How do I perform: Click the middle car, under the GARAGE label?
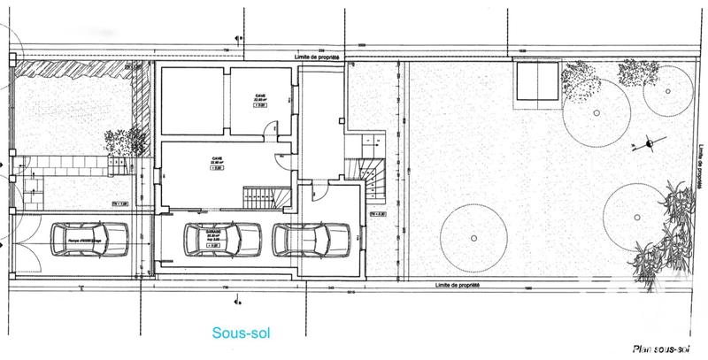point(222,239)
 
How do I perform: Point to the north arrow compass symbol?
point(650,142)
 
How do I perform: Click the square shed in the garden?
point(537,82)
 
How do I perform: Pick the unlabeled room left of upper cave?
point(194,101)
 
